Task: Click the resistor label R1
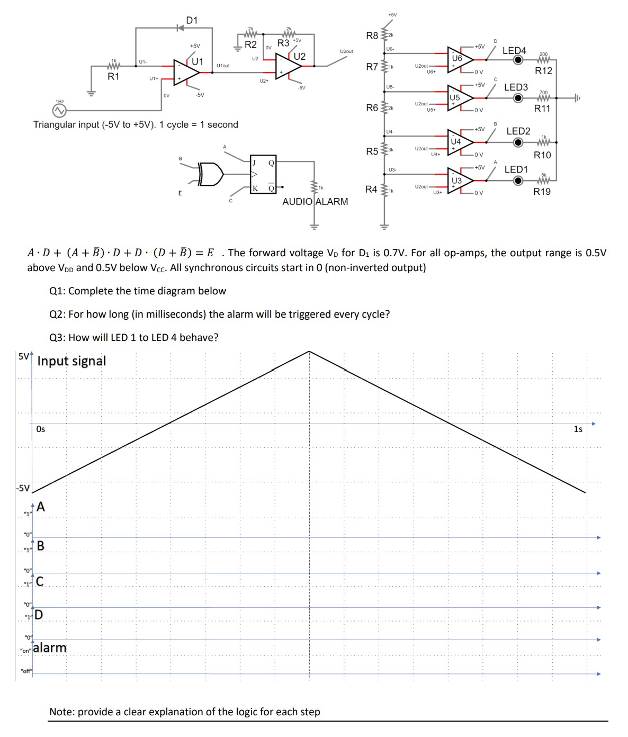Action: [x=113, y=77]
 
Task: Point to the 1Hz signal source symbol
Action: [x=59, y=110]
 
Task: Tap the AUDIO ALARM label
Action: [x=315, y=202]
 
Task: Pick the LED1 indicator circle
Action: [x=519, y=181]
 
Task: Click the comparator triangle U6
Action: [x=459, y=60]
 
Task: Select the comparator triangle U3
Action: [x=459, y=181]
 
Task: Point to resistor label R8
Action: [x=372, y=36]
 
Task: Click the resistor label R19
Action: [x=542, y=192]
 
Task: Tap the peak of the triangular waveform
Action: [x=309, y=352]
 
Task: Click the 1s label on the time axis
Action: [x=578, y=429]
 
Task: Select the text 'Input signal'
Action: [x=71, y=361]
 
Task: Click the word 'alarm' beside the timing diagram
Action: [x=50, y=648]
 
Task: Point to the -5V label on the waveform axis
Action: [x=22, y=488]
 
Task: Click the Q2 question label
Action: [x=58, y=314]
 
